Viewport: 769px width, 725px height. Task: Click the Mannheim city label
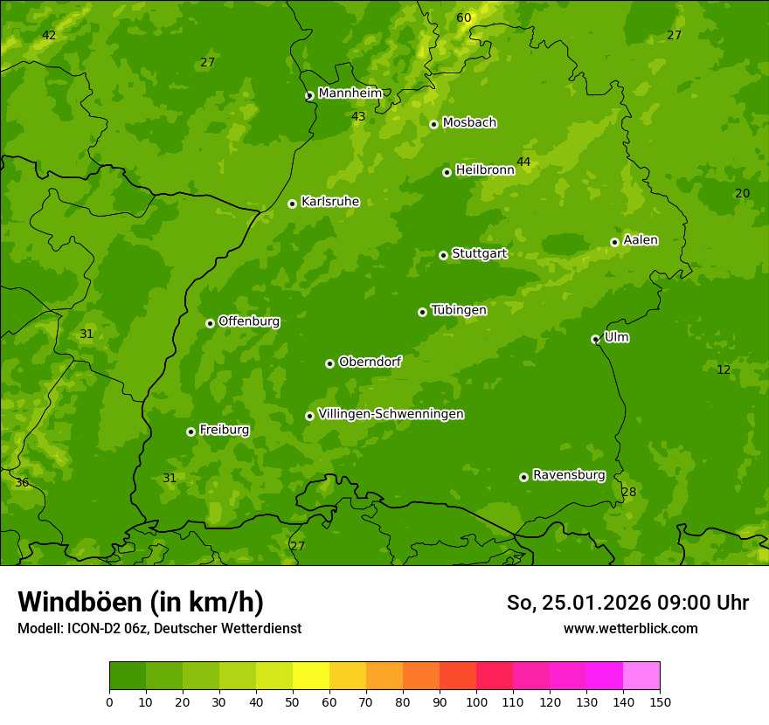(350, 93)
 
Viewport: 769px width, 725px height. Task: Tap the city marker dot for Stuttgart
(443, 255)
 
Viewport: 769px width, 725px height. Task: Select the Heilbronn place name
(485, 170)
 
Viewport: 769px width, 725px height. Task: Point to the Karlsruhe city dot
(292, 204)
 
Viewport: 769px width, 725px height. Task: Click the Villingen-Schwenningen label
(391, 414)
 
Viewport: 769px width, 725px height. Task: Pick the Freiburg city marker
(191, 432)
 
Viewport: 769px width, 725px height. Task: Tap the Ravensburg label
(569, 475)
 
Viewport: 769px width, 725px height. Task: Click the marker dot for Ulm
(595, 339)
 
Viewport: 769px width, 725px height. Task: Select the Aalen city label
(641, 240)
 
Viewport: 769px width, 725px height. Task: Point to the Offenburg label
(249, 321)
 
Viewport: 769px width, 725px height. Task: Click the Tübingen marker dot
(422, 312)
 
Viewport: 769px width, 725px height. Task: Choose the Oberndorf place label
(370, 362)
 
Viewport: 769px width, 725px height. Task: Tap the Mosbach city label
(469, 123)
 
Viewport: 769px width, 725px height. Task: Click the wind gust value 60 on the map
(463, 18)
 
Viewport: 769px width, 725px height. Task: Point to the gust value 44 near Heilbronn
(523, 162)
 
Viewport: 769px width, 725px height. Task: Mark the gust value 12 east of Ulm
(724, 369)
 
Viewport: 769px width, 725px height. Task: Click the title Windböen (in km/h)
(141, 602)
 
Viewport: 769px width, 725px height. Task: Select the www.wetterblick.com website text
(630, 628)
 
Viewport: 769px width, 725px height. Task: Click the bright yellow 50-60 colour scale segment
(311, 675)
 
